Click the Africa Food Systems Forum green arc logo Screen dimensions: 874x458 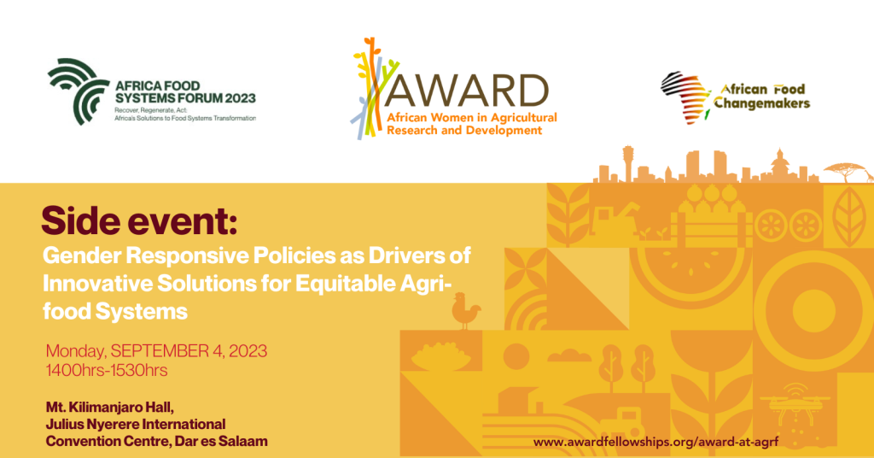click(78, 91)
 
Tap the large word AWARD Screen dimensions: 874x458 click(466, 91)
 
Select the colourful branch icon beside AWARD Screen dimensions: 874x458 click(372, 88)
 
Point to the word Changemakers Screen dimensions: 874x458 click(761, 103)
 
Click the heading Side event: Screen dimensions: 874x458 click(139, 221)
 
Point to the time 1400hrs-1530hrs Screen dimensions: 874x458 click(107, 371)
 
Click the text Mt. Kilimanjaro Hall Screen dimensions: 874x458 click(110, 408)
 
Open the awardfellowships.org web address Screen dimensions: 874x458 click(655, 442)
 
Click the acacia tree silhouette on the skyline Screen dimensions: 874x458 click(845, 170)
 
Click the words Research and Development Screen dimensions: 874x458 click(464, 131)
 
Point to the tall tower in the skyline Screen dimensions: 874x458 click(628, 163)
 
